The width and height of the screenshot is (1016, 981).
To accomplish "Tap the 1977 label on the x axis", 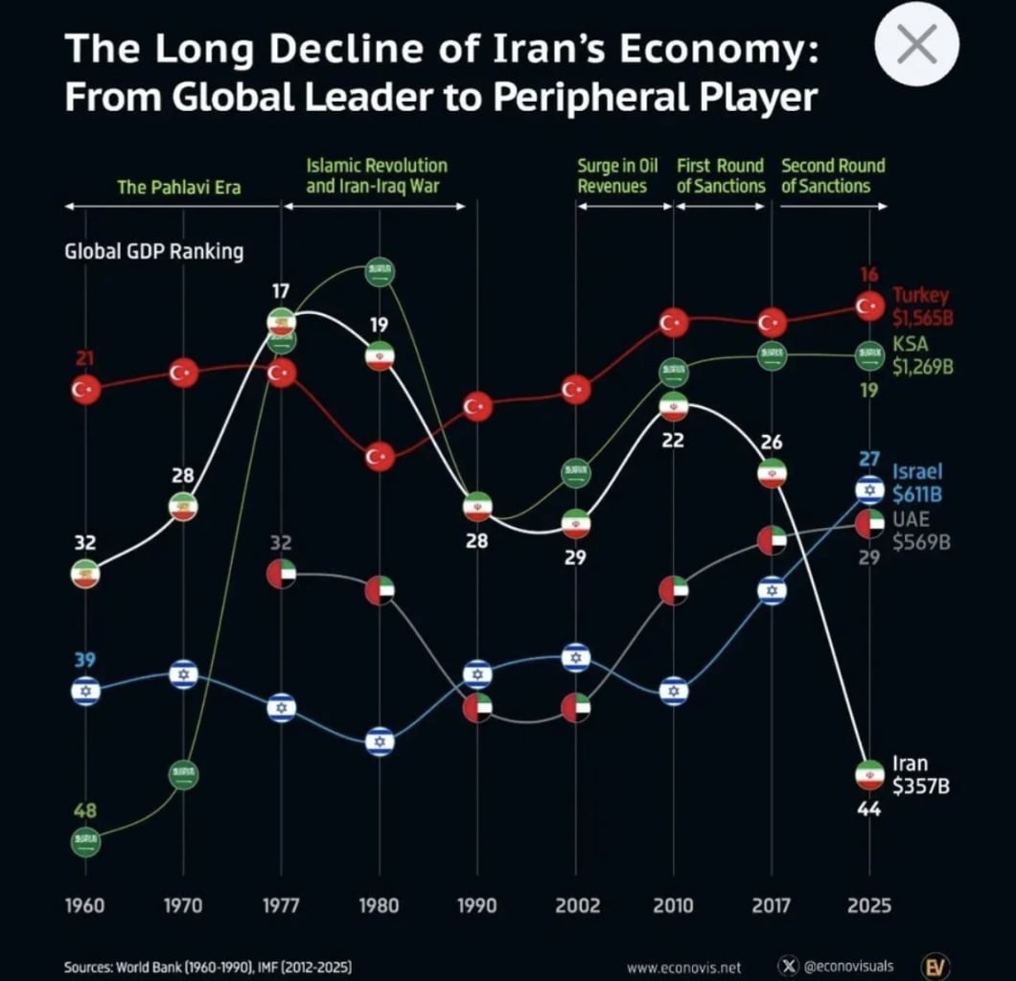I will (281, 905).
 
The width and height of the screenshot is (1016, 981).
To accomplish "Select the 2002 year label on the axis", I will (576, 905).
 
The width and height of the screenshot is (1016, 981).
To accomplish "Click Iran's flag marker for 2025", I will (869, 774).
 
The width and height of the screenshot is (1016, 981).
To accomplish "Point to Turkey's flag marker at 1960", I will (85, 389).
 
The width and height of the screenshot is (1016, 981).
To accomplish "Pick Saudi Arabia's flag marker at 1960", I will (85, 841).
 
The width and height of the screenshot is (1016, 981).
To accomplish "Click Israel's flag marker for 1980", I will (380, 741).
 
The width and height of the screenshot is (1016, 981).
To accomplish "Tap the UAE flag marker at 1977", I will (281, 574).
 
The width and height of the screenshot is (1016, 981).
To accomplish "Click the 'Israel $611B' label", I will (917, 482).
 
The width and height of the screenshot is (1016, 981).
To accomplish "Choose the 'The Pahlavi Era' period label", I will (178, 187).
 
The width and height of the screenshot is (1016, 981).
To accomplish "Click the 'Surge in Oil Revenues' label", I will (612, 176).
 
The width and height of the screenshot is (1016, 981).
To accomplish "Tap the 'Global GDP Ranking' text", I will (153, 252).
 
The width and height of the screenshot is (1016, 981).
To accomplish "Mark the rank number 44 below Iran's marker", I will (869, 810).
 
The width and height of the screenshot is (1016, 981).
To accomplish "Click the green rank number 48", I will (85, 811).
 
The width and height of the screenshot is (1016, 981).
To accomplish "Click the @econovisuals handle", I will (847, 966).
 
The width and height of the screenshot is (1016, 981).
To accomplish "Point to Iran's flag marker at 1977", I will (281, 322).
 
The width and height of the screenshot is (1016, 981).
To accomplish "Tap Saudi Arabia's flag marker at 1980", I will (380, 272).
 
